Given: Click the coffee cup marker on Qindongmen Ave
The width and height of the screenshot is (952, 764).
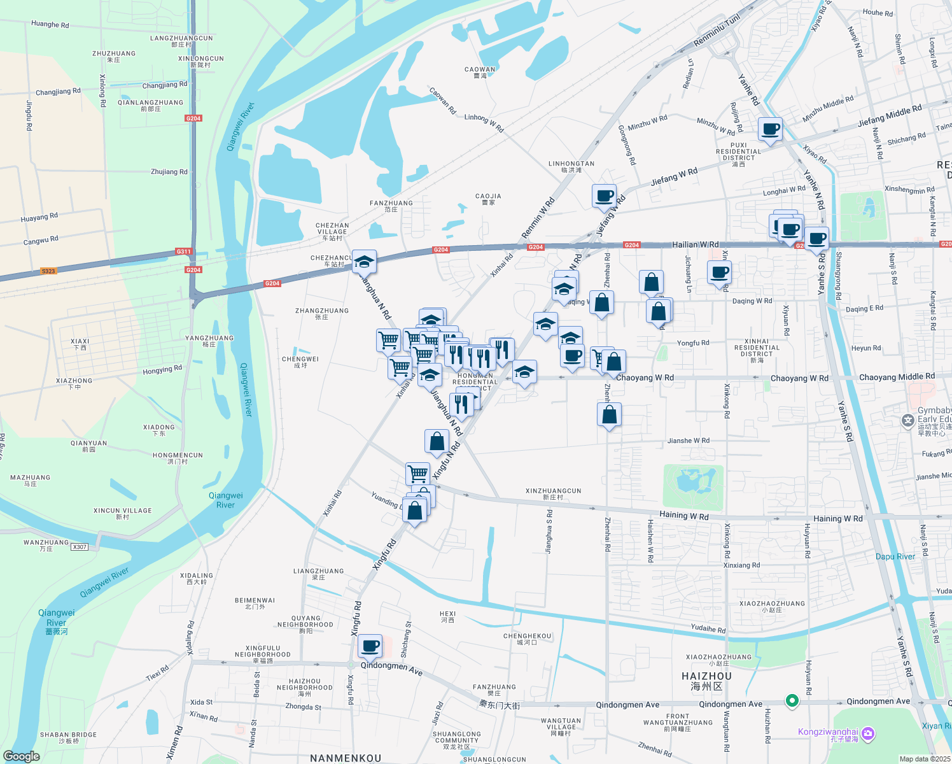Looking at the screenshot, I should pos(370,646).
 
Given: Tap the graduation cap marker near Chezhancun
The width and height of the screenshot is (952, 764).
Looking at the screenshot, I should pos(364,262).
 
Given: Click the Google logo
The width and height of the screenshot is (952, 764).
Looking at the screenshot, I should pos(22,756).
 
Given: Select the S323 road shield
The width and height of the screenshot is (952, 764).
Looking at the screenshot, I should pos(48,271).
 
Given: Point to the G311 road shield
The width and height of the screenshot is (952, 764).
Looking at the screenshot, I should pos(184,251).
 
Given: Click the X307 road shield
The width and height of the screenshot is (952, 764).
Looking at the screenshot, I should pos(80,547).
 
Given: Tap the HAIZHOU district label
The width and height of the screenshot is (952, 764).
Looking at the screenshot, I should pos(706,676).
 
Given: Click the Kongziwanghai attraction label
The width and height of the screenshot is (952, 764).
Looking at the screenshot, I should pos(828,732).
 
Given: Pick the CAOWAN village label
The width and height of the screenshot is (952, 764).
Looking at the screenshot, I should pos(480,69).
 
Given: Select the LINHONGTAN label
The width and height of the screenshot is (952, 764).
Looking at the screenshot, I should pos(571,164).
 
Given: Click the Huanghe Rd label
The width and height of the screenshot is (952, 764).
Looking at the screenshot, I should pos(50,24).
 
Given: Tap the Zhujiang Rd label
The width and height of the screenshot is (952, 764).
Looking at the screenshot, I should pos(169,172).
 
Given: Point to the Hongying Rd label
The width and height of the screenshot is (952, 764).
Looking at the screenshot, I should pos(162,370).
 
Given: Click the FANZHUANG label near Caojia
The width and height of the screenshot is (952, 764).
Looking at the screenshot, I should pos(391,203).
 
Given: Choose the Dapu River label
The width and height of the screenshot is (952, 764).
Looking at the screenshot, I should pos(895,556).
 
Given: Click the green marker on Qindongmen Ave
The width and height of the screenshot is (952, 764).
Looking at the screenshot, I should pos(792,700).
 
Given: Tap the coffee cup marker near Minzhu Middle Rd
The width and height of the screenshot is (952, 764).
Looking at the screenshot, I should pos(770,129).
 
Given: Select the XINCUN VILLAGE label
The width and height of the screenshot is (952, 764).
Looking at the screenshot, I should pos(123,511).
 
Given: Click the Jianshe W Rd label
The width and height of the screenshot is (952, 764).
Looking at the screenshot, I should pos(688,441).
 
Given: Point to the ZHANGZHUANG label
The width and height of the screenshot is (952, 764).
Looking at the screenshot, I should pos(322,311).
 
